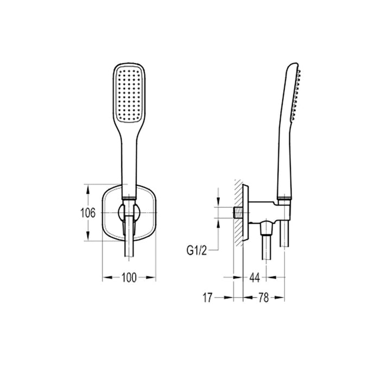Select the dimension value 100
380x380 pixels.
click(x=129, y=278)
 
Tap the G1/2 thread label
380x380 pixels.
click(x=196, y=250)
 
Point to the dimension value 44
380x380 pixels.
click(x=255, y=278)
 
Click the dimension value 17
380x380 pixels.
click(x=207, y=297)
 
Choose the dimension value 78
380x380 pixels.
click(x=264, y=297)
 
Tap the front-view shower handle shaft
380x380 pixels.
click(x=129, y=163)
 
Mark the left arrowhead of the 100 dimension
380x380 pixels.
click(x=105, y=277)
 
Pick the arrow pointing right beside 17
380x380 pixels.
click(x=228, y=297)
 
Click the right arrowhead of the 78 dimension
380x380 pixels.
click(x=281, y=297)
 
